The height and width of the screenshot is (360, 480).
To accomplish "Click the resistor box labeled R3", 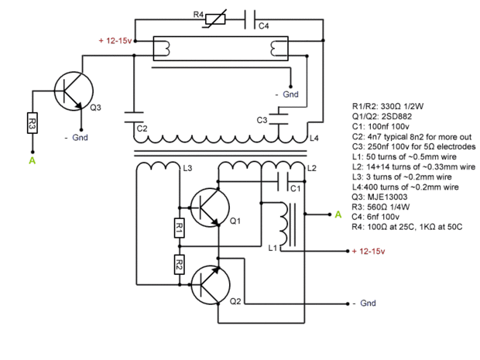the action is tap(33, 123).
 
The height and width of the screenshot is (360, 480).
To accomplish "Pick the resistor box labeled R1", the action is tap(180, 228).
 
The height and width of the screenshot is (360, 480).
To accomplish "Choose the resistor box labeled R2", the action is tap(180, 265).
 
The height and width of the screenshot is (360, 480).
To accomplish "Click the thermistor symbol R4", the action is tap(215, 19).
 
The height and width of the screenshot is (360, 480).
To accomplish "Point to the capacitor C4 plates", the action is tap(250, 19).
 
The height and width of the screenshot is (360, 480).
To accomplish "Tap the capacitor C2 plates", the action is tap(134, 118).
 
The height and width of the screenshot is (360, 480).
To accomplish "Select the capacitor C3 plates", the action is tap(279, 118).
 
